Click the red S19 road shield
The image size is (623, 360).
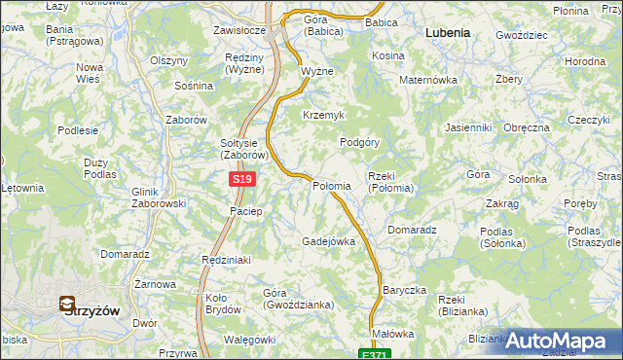244,180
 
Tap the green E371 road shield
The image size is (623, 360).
372,354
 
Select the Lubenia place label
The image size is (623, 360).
448,32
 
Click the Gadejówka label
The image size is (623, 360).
328,240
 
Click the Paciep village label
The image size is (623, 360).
245,211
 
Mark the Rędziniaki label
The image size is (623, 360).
226,260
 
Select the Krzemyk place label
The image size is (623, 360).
324,115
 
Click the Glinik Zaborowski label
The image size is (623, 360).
158,198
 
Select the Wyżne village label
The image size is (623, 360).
316,72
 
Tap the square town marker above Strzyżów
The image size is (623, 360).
67,304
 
